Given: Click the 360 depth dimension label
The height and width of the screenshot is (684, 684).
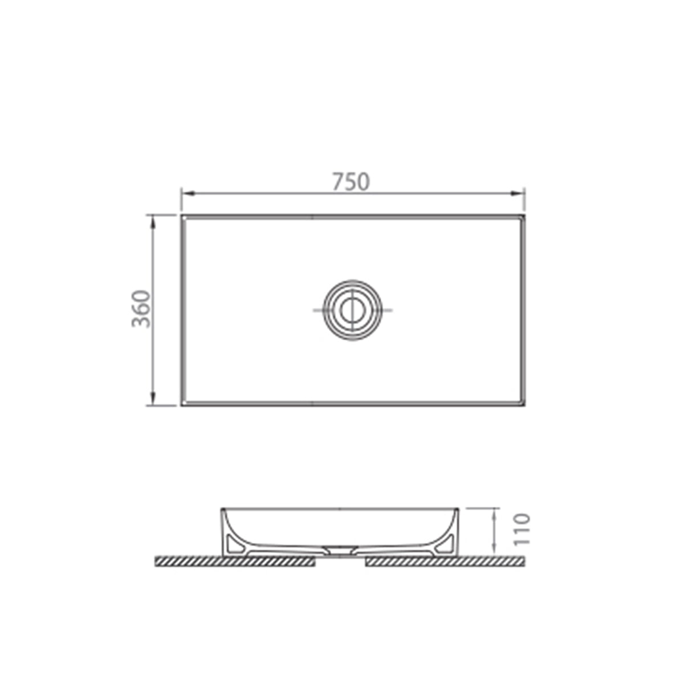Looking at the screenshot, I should point(141,308).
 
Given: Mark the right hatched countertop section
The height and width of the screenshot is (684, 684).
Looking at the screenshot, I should point(445,562).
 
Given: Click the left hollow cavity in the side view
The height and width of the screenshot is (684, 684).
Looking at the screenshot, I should point(233,544).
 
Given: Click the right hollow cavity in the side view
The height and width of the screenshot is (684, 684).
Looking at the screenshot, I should point(444,544).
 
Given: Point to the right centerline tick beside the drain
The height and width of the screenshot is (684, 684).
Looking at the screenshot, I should point(386,310).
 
